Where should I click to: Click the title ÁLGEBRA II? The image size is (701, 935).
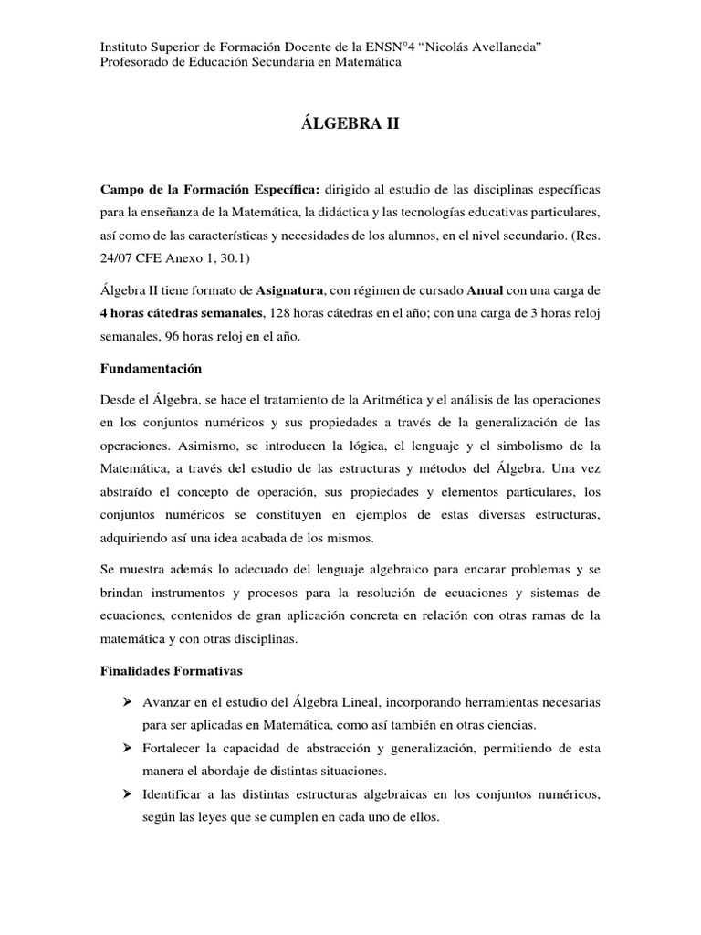[x=350, y=123]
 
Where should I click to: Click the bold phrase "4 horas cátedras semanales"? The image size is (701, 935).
[x=181, y=313]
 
